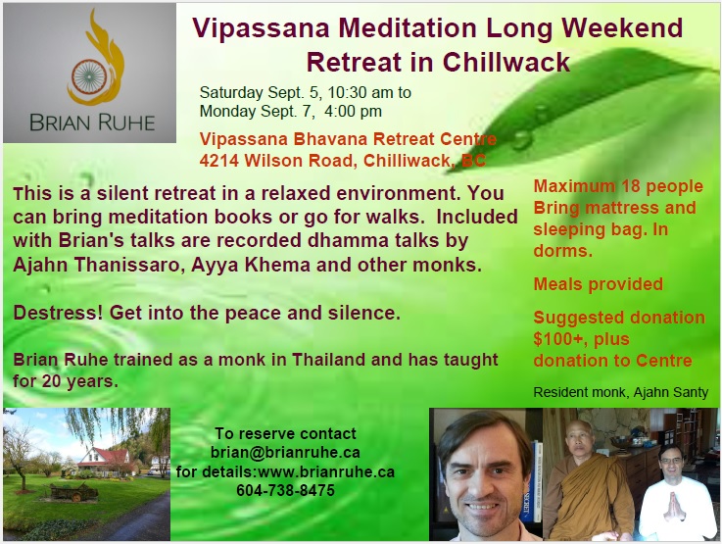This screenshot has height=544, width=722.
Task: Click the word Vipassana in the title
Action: [x=262, y=27]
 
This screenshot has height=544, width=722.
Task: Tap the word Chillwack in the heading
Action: [x=506, y=62]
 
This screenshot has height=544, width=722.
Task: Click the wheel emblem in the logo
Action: [x=89, y=76]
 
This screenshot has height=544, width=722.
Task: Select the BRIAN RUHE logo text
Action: [x=92, y=123]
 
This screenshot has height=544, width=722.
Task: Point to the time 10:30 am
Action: [x=361, y=92]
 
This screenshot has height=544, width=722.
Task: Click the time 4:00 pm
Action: [x=353, y=111]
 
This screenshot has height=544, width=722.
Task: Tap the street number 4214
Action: [x=219, y=161]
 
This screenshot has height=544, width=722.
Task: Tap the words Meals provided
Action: [x=599, y=284]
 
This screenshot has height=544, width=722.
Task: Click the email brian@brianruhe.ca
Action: [x=285, y=452]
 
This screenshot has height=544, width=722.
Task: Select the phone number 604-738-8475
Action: [x=285, y=490]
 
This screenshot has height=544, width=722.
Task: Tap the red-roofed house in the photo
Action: [x=105, y=461]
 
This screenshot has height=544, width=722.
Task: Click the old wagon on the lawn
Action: [x=73, y=491]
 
